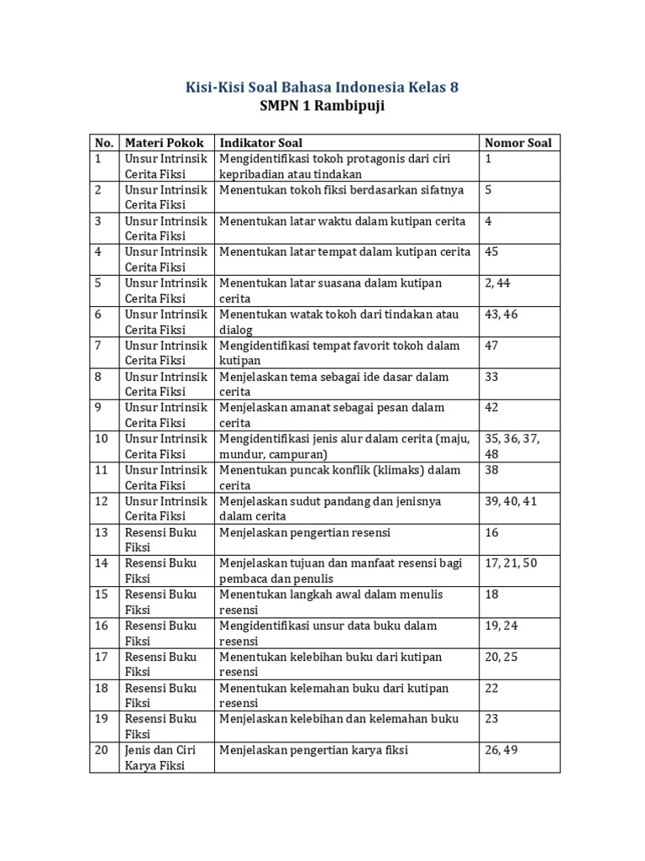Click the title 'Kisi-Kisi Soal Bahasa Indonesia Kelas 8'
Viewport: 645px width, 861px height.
(322, 87)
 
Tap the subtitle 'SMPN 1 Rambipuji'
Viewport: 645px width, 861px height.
(322, 107)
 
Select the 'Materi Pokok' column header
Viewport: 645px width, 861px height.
(164, 142)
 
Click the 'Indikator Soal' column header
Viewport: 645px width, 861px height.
(261, 142)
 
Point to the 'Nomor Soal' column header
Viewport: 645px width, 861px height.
(518, 142)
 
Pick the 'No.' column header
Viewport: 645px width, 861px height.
(103, 142)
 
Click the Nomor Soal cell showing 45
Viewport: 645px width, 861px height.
(492, 251)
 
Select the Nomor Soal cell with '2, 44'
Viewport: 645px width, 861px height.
(497, 283)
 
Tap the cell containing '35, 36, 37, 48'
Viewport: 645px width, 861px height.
(512, 446)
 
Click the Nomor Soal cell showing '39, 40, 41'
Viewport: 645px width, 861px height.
(510, 501)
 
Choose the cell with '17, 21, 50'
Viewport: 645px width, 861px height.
(510, 563)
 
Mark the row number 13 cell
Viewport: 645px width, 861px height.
(102, 532)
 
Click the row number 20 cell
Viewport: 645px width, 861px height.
(102, 750)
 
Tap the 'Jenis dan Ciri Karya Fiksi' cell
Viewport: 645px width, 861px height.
(165, 758)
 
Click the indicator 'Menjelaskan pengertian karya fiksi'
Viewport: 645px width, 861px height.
(314, 750)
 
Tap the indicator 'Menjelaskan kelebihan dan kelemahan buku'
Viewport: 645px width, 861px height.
(339, 719)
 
